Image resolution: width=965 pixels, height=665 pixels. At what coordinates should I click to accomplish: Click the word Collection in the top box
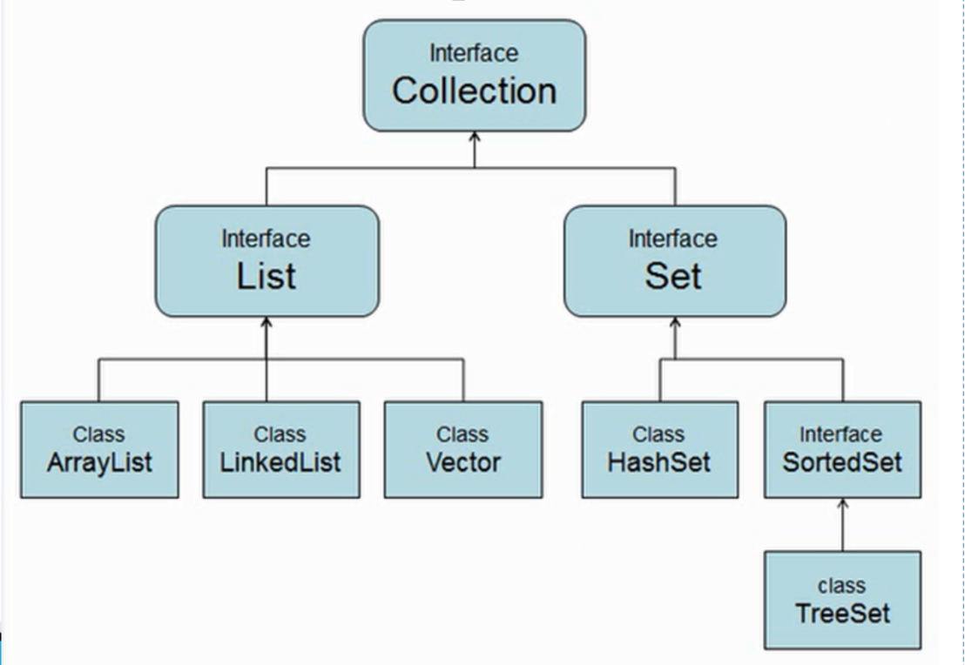(474, 91)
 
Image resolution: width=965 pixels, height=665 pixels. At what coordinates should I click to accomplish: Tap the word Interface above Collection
(474, 53)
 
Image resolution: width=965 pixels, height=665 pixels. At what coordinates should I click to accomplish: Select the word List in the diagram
(267, 276)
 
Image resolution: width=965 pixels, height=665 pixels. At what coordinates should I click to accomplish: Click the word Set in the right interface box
(673, 276)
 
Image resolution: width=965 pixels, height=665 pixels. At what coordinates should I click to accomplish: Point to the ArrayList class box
(99, 449)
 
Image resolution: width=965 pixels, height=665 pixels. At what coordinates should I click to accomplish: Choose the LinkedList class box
(280, 449)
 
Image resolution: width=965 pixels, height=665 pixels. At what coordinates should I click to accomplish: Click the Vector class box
(462, 449)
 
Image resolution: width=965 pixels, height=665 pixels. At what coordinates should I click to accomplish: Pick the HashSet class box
(659, 449)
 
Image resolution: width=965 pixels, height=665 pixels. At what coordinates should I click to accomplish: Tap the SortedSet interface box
(841, 449)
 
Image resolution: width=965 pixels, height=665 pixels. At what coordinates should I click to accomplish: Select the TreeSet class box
(842, 600)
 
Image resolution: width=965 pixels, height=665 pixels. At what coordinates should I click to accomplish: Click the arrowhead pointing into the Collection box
(474, 138)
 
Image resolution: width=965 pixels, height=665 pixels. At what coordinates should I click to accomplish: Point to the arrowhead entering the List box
(267, 323)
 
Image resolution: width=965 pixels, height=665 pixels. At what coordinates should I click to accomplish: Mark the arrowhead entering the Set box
(674, 323)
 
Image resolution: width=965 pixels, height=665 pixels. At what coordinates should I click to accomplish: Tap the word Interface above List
(266, 238)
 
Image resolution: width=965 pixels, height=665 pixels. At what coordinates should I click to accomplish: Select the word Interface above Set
(673, 238)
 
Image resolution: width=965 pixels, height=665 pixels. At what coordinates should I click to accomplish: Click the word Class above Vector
(462, 433)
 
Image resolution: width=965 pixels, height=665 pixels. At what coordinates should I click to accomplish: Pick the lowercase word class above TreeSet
(842, 585)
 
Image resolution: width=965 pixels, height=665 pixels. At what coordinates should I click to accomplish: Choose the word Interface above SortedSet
(841, 433)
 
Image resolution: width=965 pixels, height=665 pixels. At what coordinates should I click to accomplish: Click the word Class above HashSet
(658, 433)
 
